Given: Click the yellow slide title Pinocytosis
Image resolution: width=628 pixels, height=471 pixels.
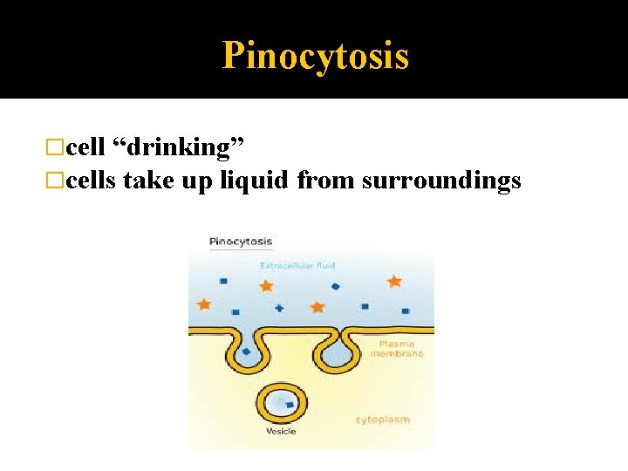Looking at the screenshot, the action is pyautogui.click(x=315, y=56).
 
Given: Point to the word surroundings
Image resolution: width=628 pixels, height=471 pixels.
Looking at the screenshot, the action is pyautogui.click(x=441, y=181).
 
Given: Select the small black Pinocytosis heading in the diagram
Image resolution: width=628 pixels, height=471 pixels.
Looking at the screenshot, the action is pyautogui.click(x=241, y=242).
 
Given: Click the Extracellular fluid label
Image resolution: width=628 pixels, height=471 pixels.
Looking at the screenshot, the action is pyautogui.click(x=297, y=265).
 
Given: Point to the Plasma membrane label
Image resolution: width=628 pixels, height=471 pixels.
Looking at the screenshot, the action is pyautogui.click(x=397, y=349).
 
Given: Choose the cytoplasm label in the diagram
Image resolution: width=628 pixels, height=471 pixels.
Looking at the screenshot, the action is pyautogui.click(x=382, y=420).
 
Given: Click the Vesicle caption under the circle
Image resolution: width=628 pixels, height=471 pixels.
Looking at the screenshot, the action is pyautogui.click(x=282, y=432).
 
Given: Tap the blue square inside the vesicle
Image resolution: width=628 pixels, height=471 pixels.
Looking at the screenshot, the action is pyautogui.click(x=289, y=405).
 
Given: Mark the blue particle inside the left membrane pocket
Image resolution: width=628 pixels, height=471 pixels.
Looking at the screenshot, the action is pyautogui.click(x=246, y=352).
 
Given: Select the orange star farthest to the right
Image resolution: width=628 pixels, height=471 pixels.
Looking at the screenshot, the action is pyautogui.click(x=394, y=281).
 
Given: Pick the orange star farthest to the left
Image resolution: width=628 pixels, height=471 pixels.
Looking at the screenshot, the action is pyautogui.click(x=204, y=304).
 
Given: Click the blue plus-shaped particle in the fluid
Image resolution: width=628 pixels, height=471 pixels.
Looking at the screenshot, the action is pyautogui.click(x=279, y=308).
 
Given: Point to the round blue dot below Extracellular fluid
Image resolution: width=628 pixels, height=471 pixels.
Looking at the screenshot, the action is pyautogui.click(x=335, y=286).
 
